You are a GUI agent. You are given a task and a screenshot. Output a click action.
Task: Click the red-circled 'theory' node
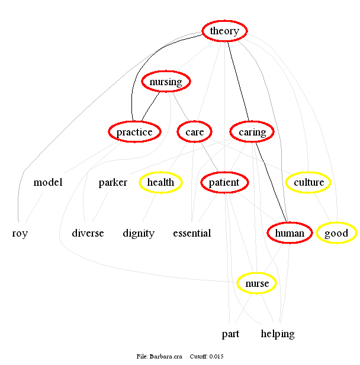point(224,31)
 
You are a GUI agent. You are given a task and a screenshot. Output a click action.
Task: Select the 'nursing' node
point(166,82)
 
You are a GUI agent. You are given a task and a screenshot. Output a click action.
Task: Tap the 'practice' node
point(134,132)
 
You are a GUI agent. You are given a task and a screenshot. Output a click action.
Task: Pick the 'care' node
point(194,132)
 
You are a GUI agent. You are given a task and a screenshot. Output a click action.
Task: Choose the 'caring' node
point(252,132)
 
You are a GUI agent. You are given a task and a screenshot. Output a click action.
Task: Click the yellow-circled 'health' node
point(160,182)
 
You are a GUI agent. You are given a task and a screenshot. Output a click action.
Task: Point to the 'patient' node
point(224,182)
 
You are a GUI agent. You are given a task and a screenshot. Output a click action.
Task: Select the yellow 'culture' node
point(308,182)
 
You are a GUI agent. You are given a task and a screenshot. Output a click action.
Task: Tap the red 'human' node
point(289,233)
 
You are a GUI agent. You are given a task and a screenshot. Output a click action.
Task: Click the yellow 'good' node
point(336,233)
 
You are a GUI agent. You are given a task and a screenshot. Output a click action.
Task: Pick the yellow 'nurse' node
point(257,284)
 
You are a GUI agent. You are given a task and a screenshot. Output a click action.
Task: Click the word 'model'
point(48,182)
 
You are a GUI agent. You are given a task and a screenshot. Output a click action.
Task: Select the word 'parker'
point(112,182)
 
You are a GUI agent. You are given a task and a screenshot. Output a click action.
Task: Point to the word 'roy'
point(20,233)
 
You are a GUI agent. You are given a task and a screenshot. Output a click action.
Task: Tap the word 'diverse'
point(88,233)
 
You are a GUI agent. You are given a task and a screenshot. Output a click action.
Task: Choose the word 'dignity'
point(139,233)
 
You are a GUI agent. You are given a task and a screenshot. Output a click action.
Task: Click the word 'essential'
point(192,233)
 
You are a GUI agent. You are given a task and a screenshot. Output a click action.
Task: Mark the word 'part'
point(230,334)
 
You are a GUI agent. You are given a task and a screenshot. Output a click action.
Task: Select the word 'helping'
point(278,334)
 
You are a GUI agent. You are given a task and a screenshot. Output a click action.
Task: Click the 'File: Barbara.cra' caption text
point(159,356)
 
